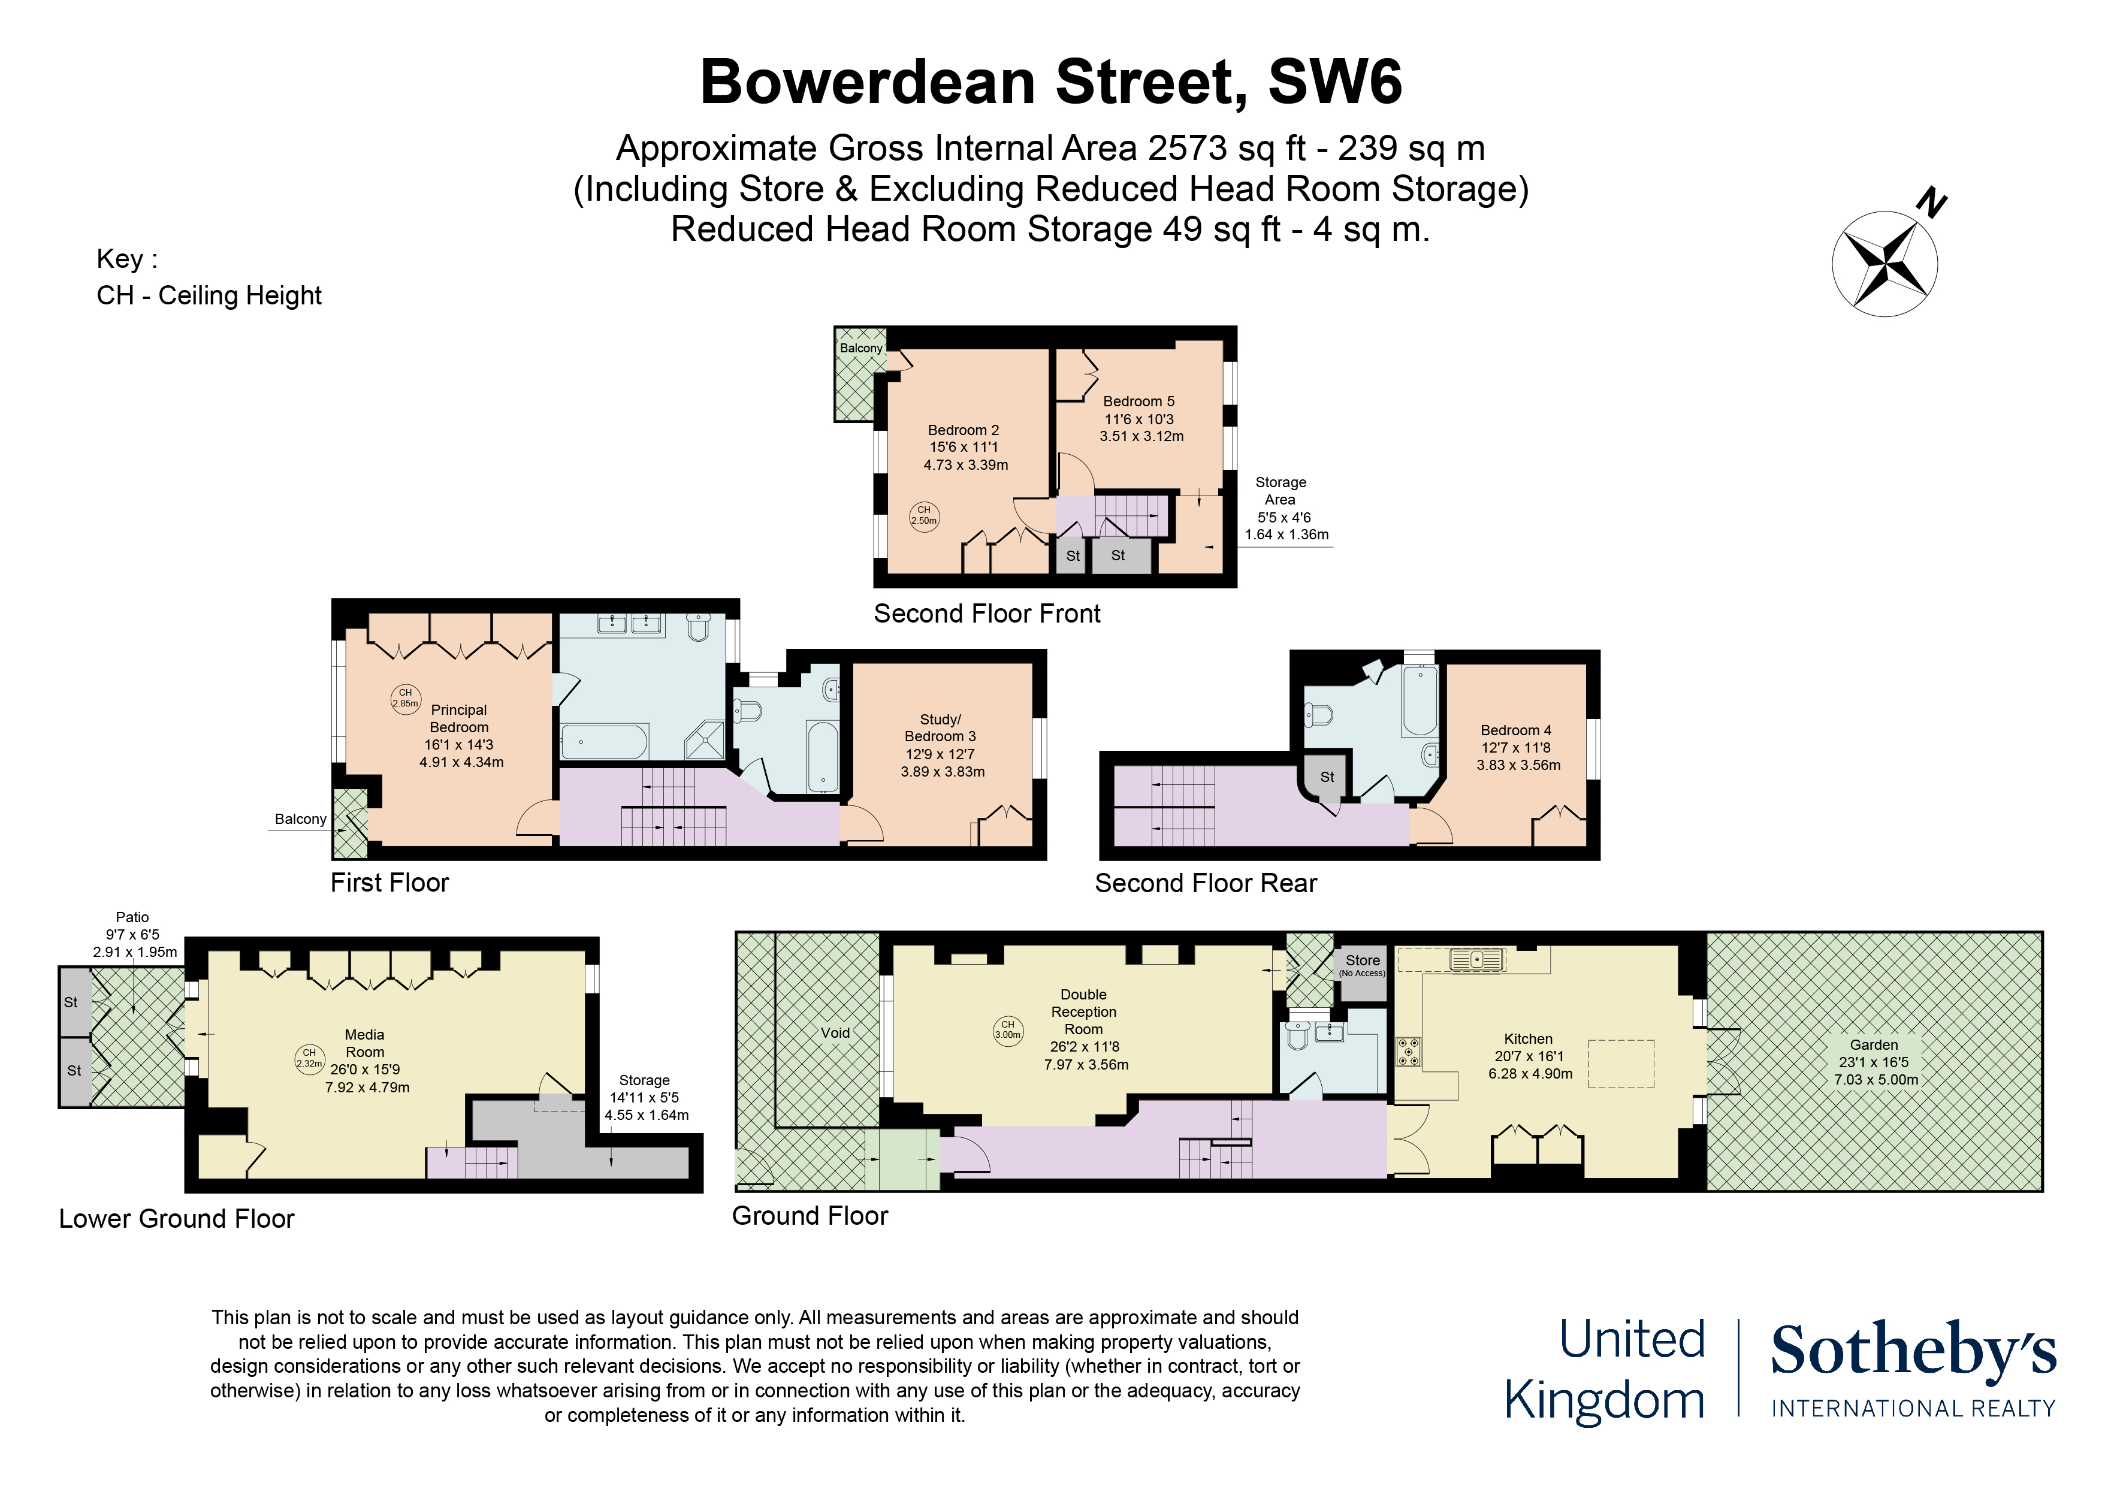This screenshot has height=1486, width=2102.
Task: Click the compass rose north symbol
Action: [1885, 264]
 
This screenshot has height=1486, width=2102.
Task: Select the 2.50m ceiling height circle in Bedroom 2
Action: [924, 515]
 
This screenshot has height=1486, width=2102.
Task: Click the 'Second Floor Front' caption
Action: [987, 614]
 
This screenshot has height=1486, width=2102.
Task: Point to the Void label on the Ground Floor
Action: [835, 1033]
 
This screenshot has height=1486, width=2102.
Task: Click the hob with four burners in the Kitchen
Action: [1408, 1052]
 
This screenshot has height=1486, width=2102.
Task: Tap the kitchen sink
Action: [1476, 959]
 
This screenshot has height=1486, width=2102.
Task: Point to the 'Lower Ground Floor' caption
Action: [177, 1219]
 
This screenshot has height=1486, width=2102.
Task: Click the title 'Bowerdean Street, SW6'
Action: [1051, 81]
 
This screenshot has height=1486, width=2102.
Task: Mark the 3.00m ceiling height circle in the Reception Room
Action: [1008, 1030]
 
